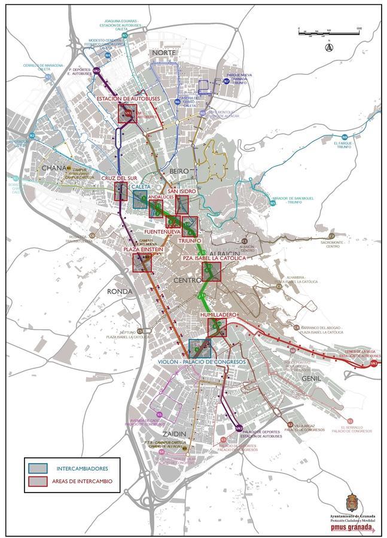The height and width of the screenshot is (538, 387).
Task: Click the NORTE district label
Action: [164, 53]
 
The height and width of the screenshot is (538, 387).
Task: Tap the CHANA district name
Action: [54, 169]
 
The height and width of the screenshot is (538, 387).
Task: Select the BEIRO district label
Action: [179, 171]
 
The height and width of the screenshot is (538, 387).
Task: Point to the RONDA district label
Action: [118, 291]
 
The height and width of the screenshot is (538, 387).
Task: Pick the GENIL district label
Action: [311, 378]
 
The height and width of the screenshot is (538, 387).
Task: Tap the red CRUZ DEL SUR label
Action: [120, 178]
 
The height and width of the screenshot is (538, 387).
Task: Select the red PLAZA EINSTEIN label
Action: [143, 249]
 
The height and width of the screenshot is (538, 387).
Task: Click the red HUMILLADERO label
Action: [220, 314]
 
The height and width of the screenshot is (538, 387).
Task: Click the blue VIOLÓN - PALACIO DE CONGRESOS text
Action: [202, 362]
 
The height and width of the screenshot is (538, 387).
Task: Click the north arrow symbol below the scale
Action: [328, 47]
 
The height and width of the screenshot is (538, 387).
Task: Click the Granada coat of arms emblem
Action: [354, 502]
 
